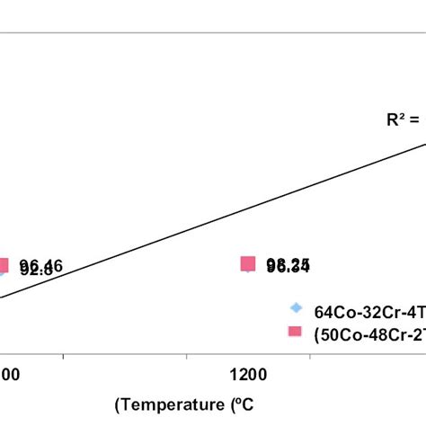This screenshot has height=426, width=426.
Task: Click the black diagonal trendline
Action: tap(216, 216)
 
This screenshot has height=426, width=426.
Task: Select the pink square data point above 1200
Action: tap(248, 263)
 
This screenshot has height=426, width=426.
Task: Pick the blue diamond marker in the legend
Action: tap(296, 308)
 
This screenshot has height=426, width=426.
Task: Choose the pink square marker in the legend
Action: tap(295, 332)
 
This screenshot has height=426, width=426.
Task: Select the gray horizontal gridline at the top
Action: tap(213, 34)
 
